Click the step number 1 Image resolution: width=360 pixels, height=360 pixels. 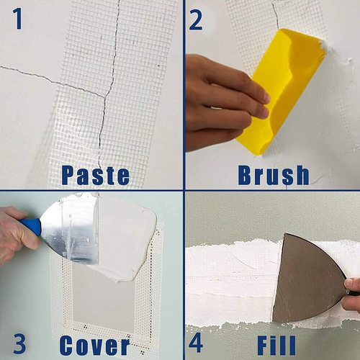17,19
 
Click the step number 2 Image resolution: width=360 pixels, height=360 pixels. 196,19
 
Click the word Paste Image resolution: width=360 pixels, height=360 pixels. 95,175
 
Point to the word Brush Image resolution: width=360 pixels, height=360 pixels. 273,175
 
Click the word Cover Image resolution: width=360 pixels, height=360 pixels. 94,345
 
